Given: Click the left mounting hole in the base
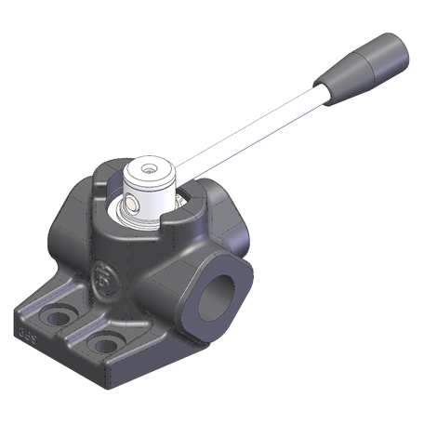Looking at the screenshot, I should click(58, 316).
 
